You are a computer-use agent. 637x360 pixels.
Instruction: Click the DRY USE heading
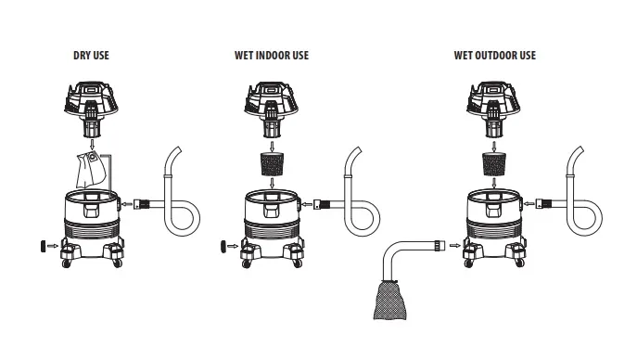pyautogui.click(x=91, y=56)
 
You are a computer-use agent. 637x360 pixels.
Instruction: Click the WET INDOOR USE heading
pyautogui.click(x=272, y=56)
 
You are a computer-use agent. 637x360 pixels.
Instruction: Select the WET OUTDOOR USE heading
pyautogui.click(x=495, y=56)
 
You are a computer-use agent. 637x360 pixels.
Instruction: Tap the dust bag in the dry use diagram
pyautogui.click(x=91, y=170)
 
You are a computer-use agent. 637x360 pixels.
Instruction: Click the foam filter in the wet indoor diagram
pyautogui.click(x=272, y=164)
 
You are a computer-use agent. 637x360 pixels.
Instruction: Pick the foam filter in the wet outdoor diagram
pyautogui.click(x=494, y=164)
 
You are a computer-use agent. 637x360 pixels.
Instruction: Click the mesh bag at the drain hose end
pyautogui.click(x=390, y=300)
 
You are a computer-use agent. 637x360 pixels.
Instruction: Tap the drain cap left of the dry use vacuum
pyautogui.click(x=43, y=246)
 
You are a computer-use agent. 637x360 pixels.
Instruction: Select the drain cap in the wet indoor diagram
pyautogui.click(x=223, y=246)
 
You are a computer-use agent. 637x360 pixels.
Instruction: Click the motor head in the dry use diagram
pyautogui.click(x=91, y=109)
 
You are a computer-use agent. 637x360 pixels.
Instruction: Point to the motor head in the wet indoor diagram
pyautogui.click(x=272, y=109)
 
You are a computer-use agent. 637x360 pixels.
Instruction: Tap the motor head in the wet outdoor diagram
pyautogui.click(x=493, y=109)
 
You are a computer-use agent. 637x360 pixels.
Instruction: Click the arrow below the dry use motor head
pyautogui.click(x=92, y=144)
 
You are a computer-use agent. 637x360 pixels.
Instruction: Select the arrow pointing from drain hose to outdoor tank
pyautogui.click(x=455, y=246)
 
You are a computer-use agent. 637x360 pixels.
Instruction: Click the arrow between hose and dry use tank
pyautogui.click(x=127, y=204)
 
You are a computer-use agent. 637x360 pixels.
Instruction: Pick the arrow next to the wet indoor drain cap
pyautogui.click(x=233, y=246)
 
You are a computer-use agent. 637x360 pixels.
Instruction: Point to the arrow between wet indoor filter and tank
pyautogui.click(x=273, y=183)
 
